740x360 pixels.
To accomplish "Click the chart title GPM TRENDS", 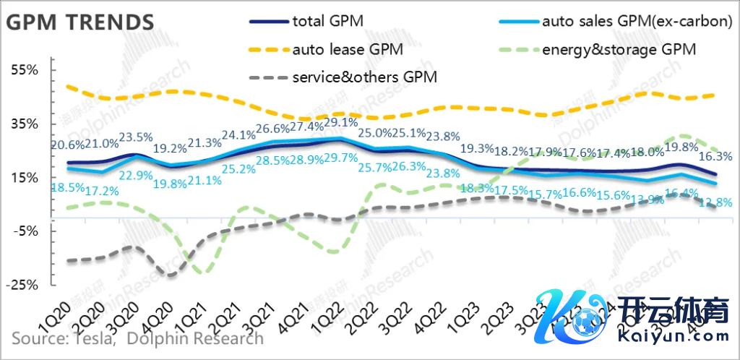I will (x=80, y=22).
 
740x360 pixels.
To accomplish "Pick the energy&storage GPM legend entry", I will (x=620, y=51).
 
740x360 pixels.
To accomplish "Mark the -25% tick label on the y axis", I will (x=22, y=285).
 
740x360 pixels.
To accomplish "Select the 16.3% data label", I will (x=717, y=155).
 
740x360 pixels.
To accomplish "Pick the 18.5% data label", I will (x=65, y=187).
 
